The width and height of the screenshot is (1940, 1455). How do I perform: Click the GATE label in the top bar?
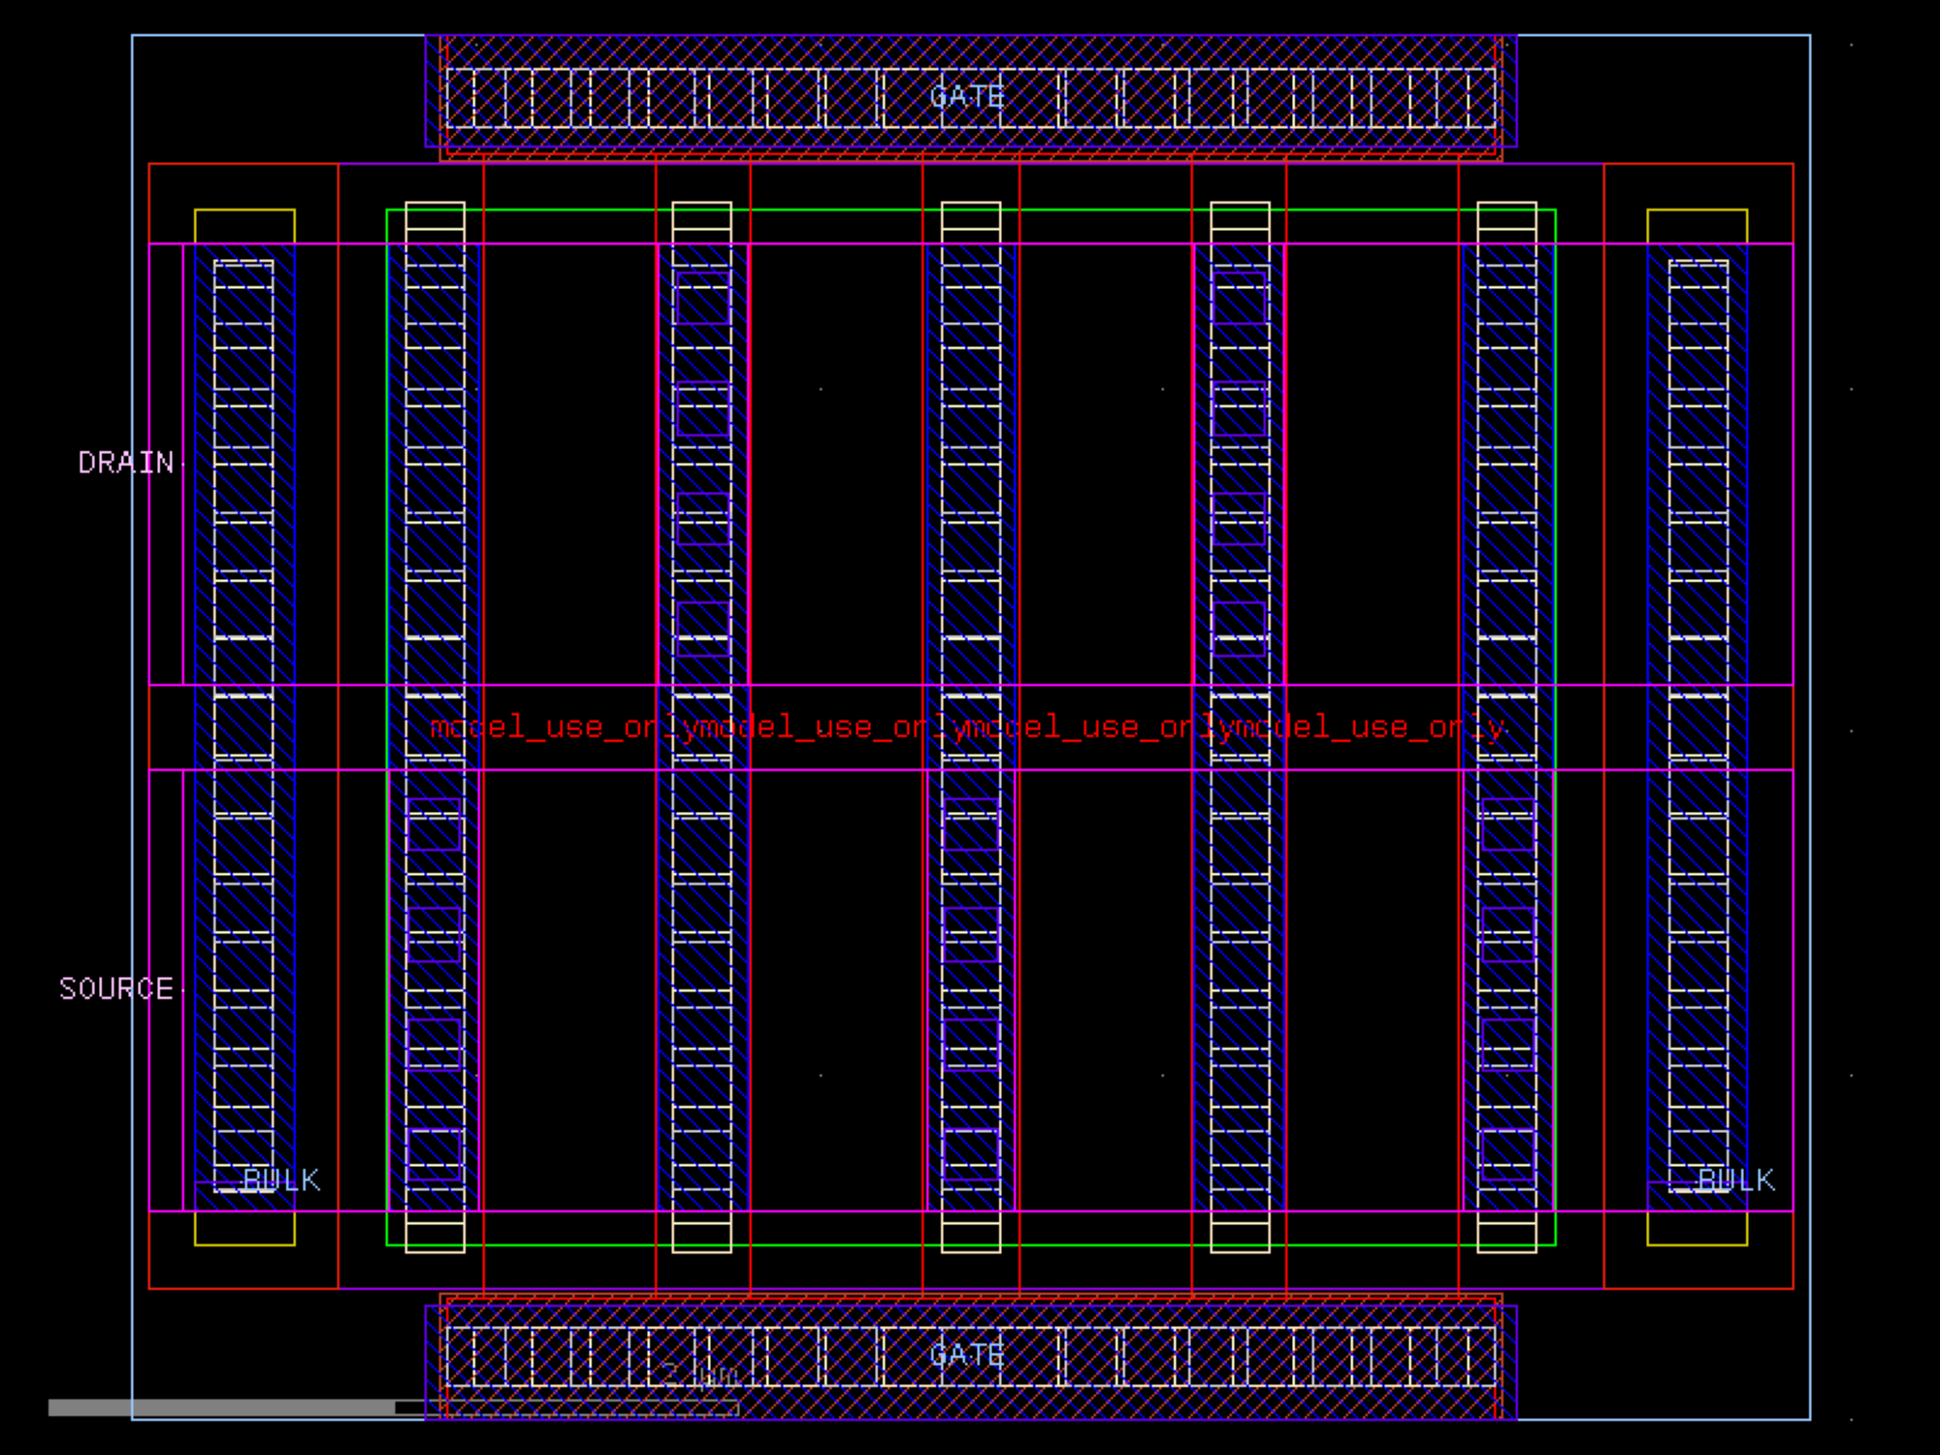(x=966, y=96)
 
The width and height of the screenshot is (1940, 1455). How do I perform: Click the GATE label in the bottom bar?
(x=966, y=1354)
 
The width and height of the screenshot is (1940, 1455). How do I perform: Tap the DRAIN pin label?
(x=125, y=463)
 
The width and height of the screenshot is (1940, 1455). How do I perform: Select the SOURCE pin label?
(x=115, y=988)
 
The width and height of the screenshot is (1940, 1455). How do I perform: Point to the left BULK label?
(x=280, y=1180)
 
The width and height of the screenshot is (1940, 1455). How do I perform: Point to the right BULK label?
(x=1735, y=1180)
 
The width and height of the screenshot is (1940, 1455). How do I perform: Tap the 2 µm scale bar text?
(x=700, y=1374)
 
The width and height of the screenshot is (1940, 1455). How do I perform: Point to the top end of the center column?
(x=971, y=215)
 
